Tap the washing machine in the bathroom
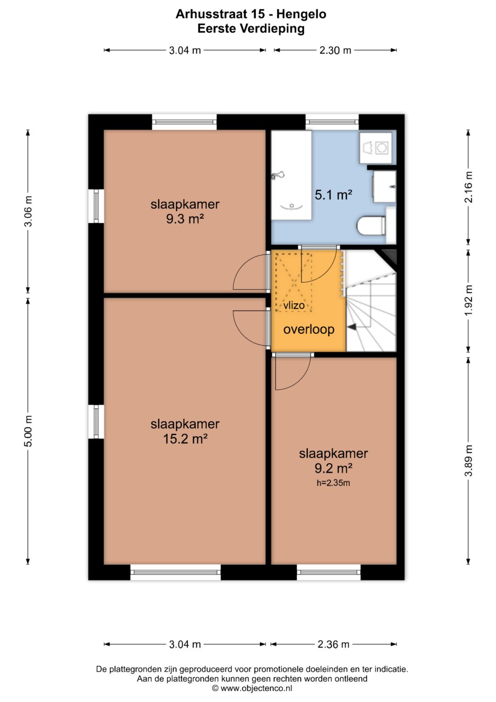pyautogui.click(x=376, y=147)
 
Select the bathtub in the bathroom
pyautogui.click(x=291, y=175)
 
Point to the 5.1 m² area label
pyautogui.click(x=333, y=195)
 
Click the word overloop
pyautogui.click(x=309, y=330)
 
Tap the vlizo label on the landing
pyautogui.click(x=294, y=305)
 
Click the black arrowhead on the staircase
pyautogui.click(x=352, y=327)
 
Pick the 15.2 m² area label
pyautogui.click(x=185, y=439)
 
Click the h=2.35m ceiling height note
pyautogui.click(x=333, y=483)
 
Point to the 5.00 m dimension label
pyautogui.click(x=28, y=431)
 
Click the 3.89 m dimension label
pyautogui.click(x=468, y=461)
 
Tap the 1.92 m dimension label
pyautogui.click(x=468, y=300)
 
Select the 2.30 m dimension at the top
pyautogui.click(x=335, y=50)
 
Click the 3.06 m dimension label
pyautogui.click(x=28, y=211)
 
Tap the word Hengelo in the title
pyautogui.click(x=301, y=14)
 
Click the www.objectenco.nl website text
pyautogui.click(x=256, y=689)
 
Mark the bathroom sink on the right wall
pyautogui.click(x=384, y=187)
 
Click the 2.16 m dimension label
pyautogui.click(x=468, y=187)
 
